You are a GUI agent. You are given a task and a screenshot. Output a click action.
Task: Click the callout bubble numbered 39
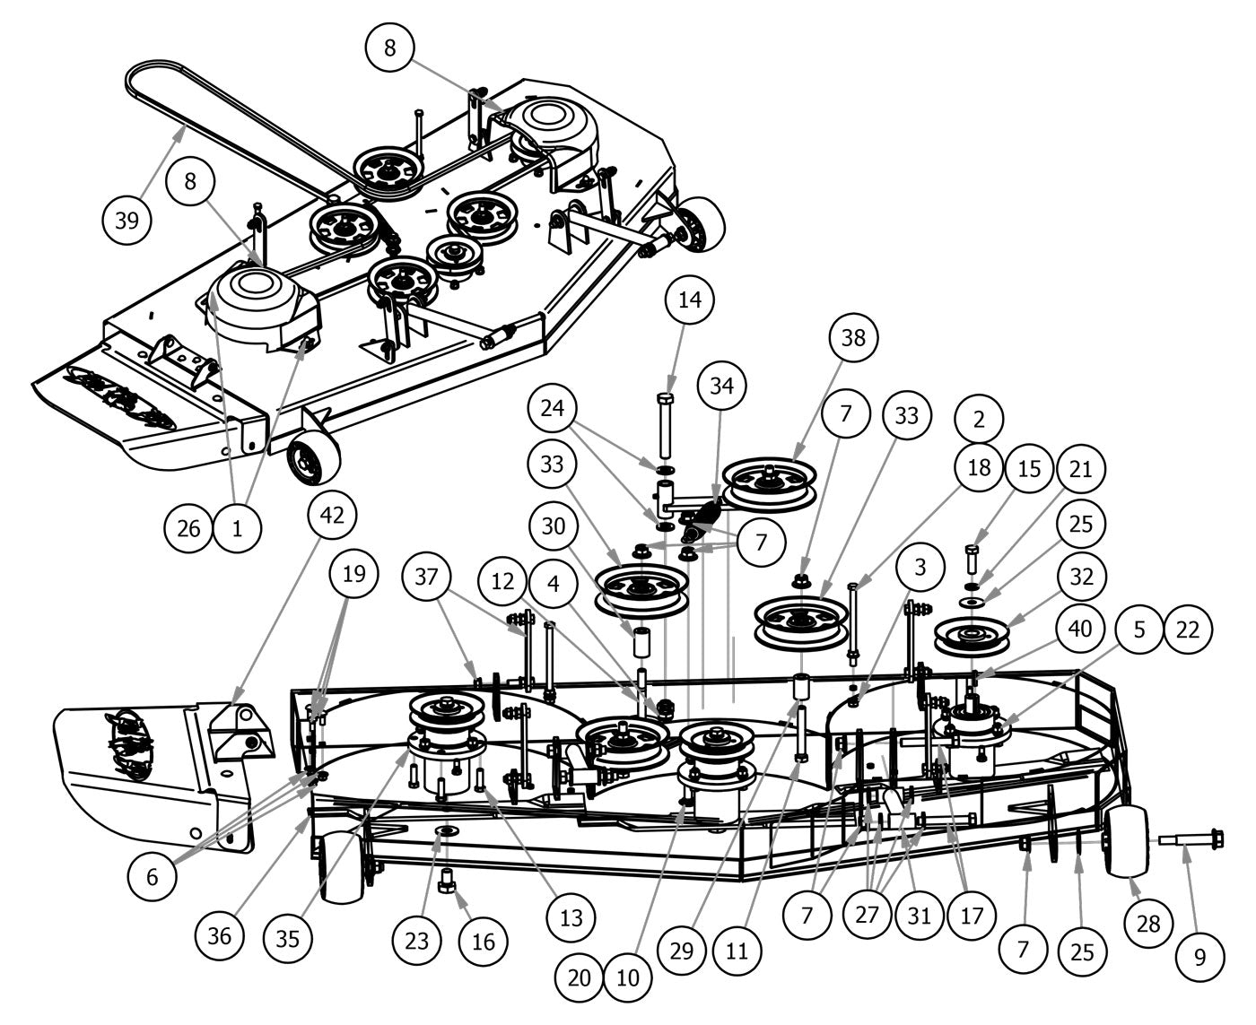click(x=127, y=220)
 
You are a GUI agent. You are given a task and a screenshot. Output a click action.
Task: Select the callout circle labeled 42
click(x=332, y=515)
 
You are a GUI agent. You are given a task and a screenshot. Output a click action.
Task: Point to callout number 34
click(x=721, y=387)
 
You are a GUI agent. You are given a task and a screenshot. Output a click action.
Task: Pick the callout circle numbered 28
click(x=1148, y=923)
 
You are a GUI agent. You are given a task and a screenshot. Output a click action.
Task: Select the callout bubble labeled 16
click(x=483, y=941)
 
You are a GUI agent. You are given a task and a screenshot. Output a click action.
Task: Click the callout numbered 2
click(x=979, y=419)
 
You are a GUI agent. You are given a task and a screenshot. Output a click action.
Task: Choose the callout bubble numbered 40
click(x=1080, y=629)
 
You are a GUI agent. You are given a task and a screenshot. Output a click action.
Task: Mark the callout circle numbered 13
click(x=571, y=916)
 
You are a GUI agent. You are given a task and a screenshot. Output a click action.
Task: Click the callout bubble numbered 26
click(x=188, y=528)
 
